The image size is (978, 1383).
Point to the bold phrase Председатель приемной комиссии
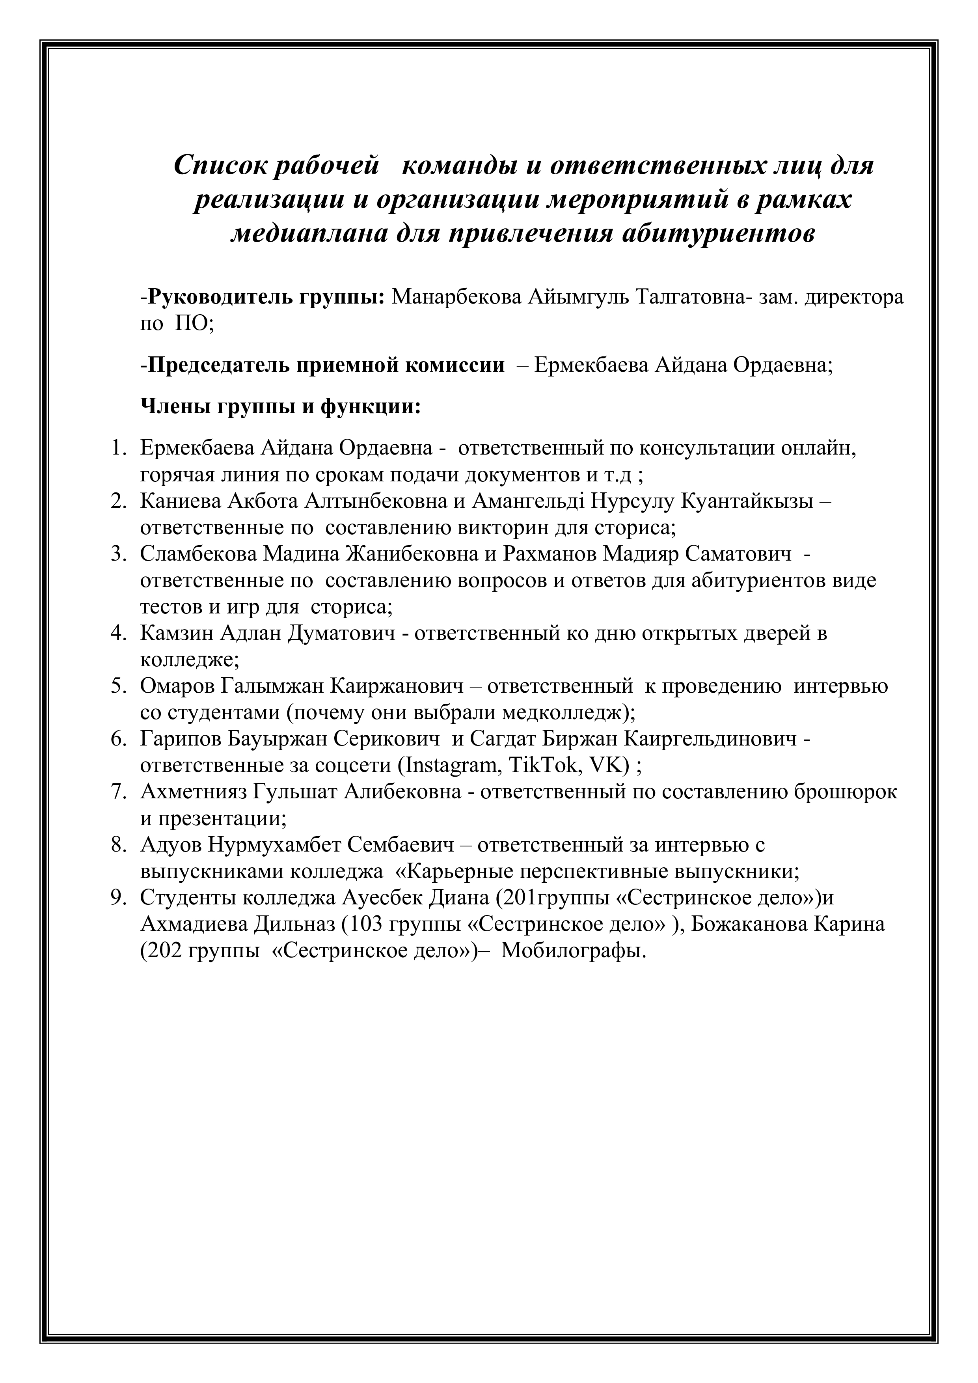point(326,365)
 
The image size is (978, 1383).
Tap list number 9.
point(117,898)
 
